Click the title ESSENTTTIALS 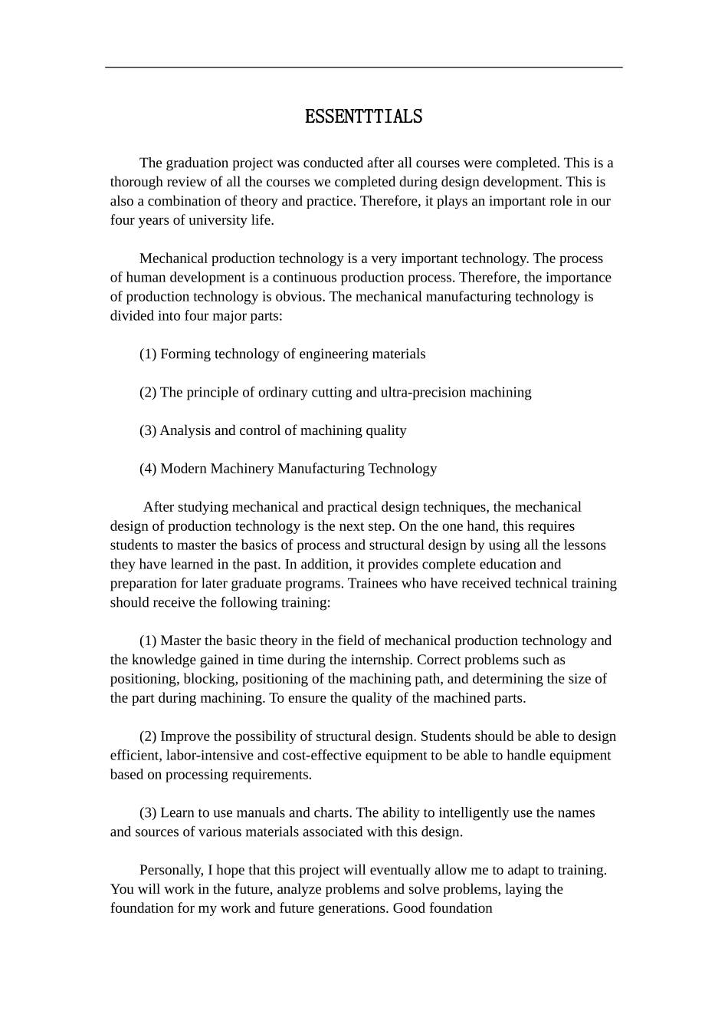pyautogui.click(x=363, y=117)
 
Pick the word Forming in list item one pyautogui.click(x=185, y=354)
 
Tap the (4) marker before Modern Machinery pyautogui.click(x=148, y=469)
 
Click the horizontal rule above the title pyautogui.click(x=363, y=68)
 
